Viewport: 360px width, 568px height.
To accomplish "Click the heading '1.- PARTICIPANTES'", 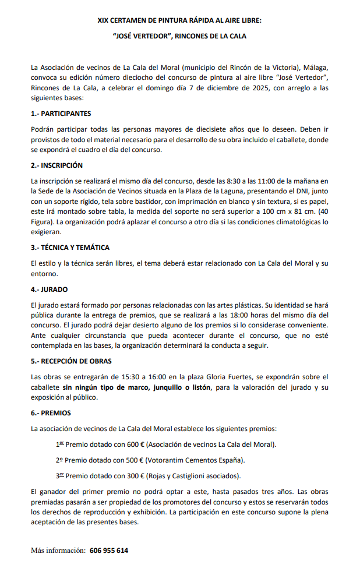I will point(61,114).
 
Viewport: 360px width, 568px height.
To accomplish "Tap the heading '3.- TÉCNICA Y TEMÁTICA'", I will point(70,248).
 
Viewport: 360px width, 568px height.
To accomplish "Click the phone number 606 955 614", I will point(109,551).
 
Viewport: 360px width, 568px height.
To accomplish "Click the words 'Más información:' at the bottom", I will point(58,551).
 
